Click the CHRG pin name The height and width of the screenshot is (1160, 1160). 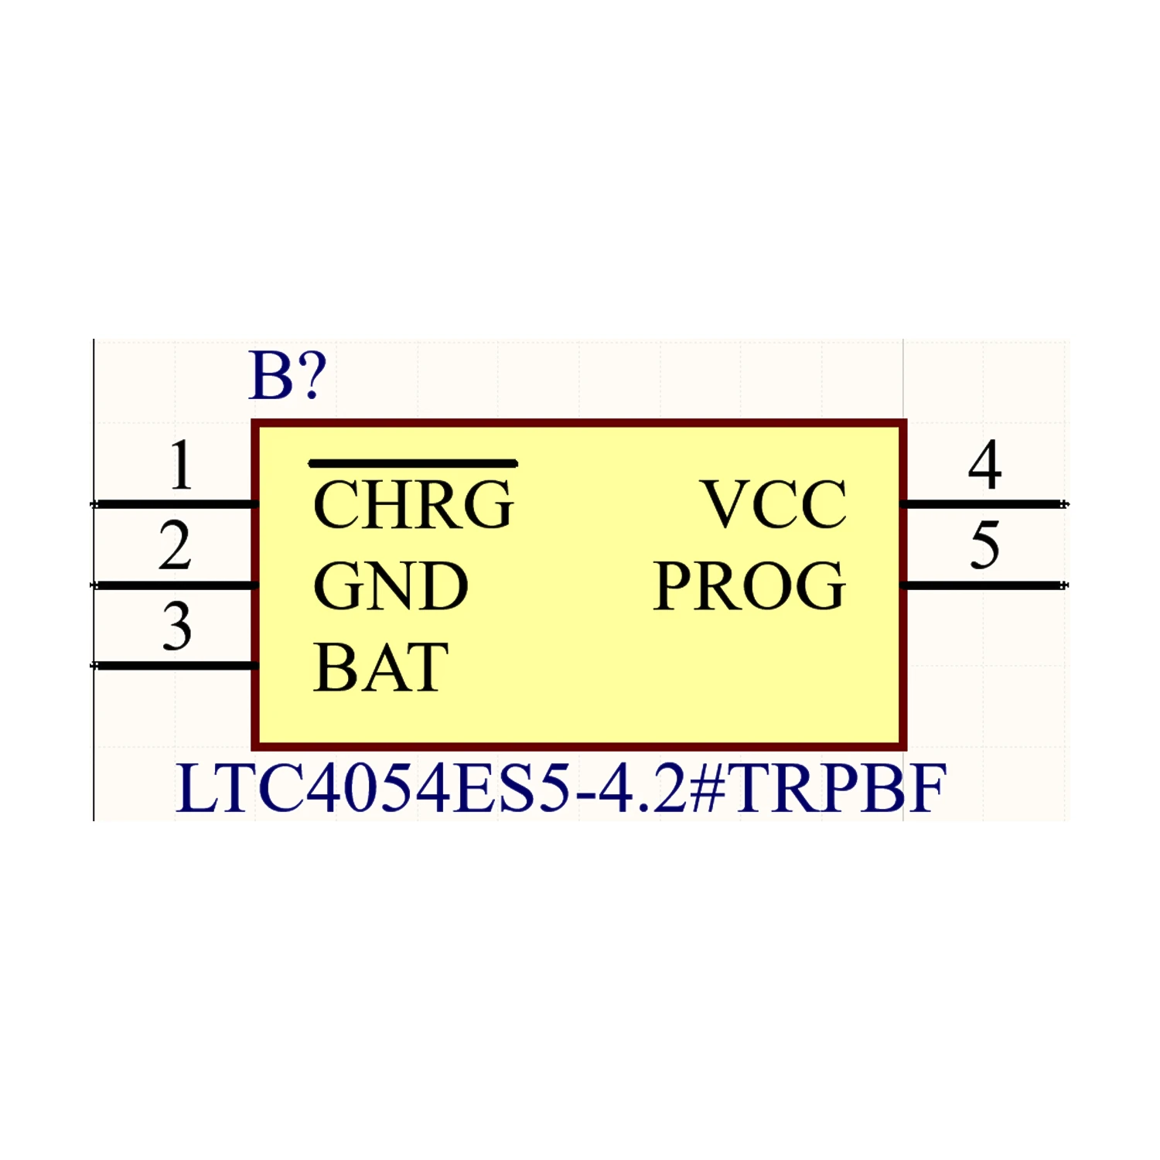[413, 505]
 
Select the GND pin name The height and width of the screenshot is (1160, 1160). [391, 586]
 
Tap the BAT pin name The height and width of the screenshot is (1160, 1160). [380, 667]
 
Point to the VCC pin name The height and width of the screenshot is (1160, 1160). [774, 505]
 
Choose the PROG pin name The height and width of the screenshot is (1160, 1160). [749, 586]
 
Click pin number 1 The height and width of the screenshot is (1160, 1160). [181, 466]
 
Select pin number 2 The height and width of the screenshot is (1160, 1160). [176, 546]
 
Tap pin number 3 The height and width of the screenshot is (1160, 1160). [177, 626]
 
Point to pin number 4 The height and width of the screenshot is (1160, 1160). [984, 466]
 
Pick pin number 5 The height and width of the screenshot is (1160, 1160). [985, 546]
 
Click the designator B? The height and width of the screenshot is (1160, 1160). [288, 377]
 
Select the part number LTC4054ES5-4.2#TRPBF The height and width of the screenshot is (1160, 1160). [561, 789]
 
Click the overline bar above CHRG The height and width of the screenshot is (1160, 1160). [413, 464]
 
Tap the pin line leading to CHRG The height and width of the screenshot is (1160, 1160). [174, 505]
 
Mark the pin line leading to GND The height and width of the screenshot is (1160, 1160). [174, 585]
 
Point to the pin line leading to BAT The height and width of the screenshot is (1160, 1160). [174, 666]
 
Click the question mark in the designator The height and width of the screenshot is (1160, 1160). [311, 377]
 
